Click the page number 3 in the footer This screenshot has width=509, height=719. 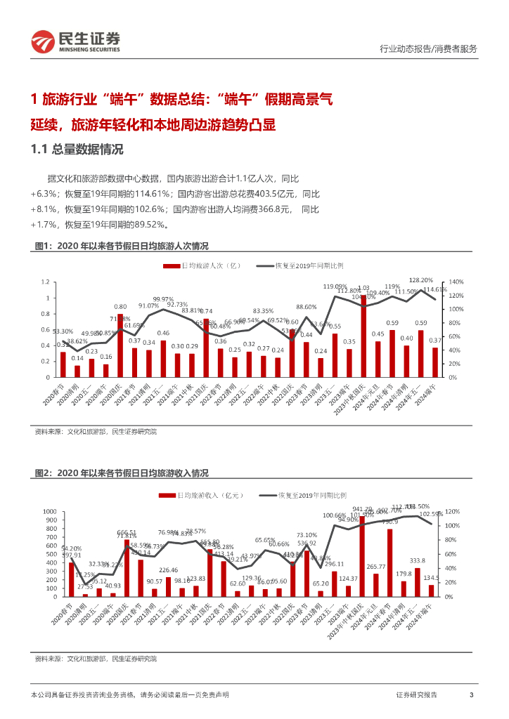pos(471,694)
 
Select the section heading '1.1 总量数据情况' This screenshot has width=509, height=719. pos(77,149)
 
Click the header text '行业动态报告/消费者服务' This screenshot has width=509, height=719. pos(427,48)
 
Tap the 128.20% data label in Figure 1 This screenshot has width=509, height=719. pos(420,280)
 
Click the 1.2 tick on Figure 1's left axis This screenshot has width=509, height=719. pos(46,282)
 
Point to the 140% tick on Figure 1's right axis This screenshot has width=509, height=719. pos(455,282)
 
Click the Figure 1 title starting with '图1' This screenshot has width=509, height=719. pos(121,246)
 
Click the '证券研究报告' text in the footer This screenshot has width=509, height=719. pos(416,694)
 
